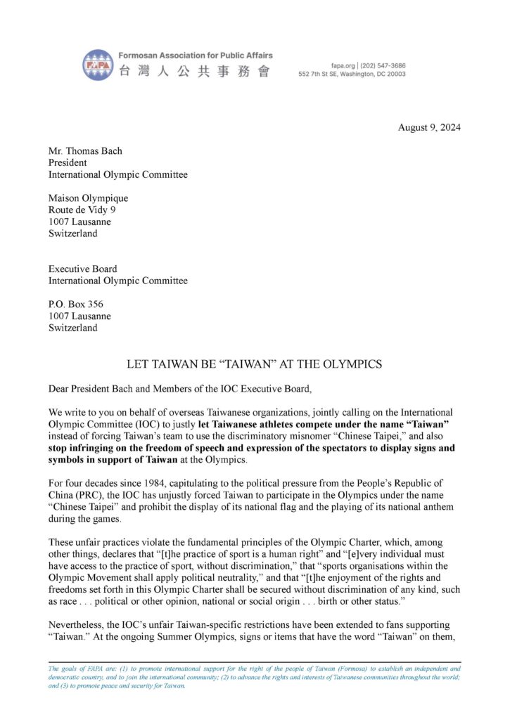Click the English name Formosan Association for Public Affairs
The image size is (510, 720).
(x=196, y=55)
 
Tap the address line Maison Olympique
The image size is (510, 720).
(x=88, y=198)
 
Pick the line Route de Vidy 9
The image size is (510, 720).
(x=82, y=210)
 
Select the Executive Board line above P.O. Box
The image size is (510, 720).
(x=82, y=269)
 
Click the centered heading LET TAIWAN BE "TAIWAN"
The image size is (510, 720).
(x=254, y=364)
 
